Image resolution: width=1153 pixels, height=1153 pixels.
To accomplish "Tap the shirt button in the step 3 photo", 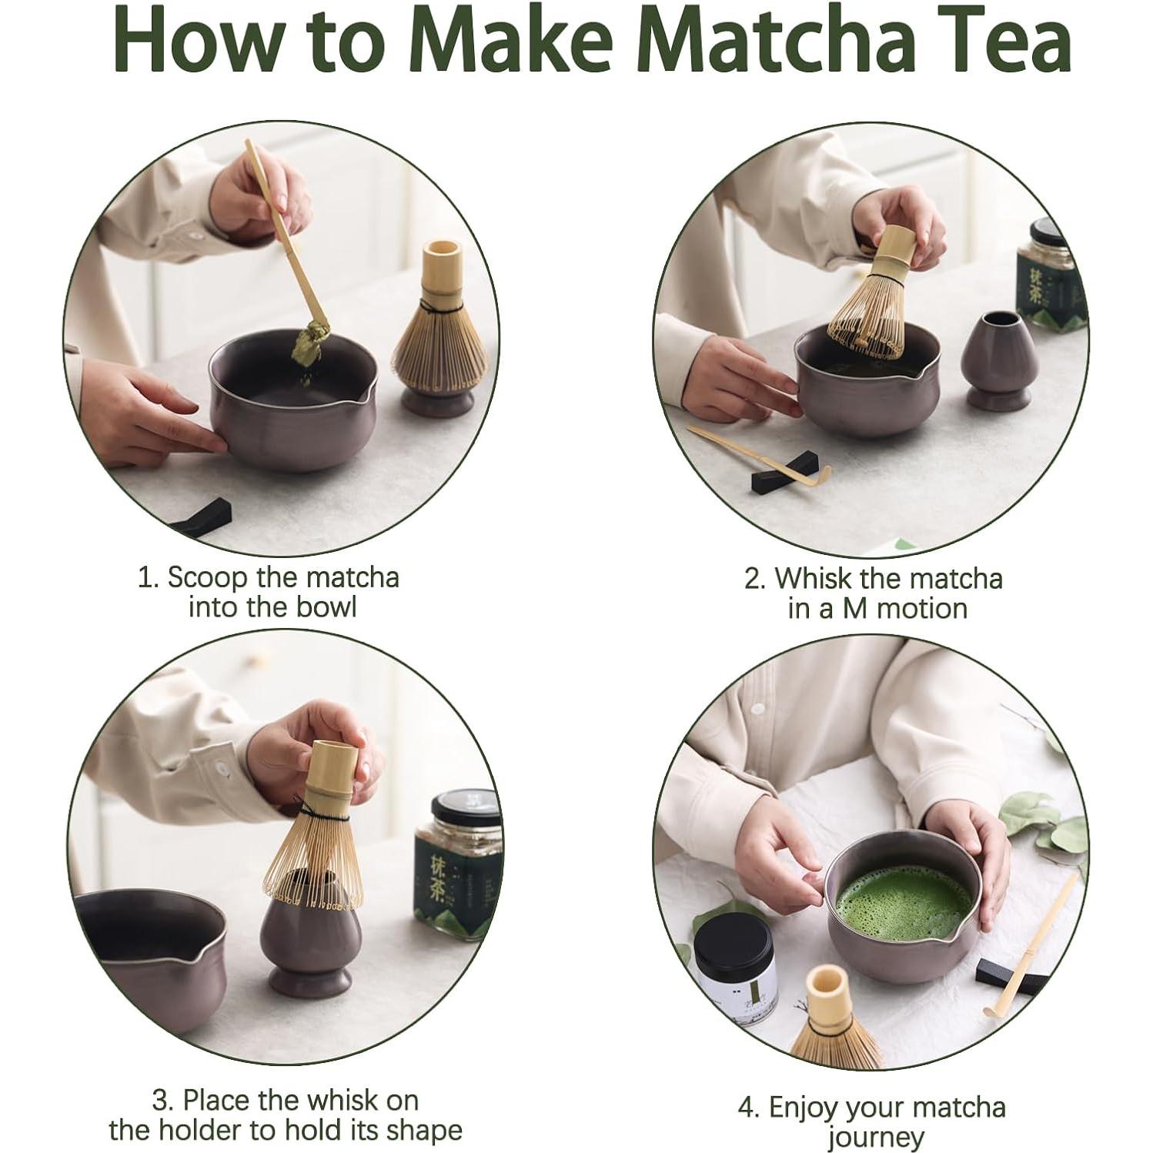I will pyautogui.click(x=222, y=768).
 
